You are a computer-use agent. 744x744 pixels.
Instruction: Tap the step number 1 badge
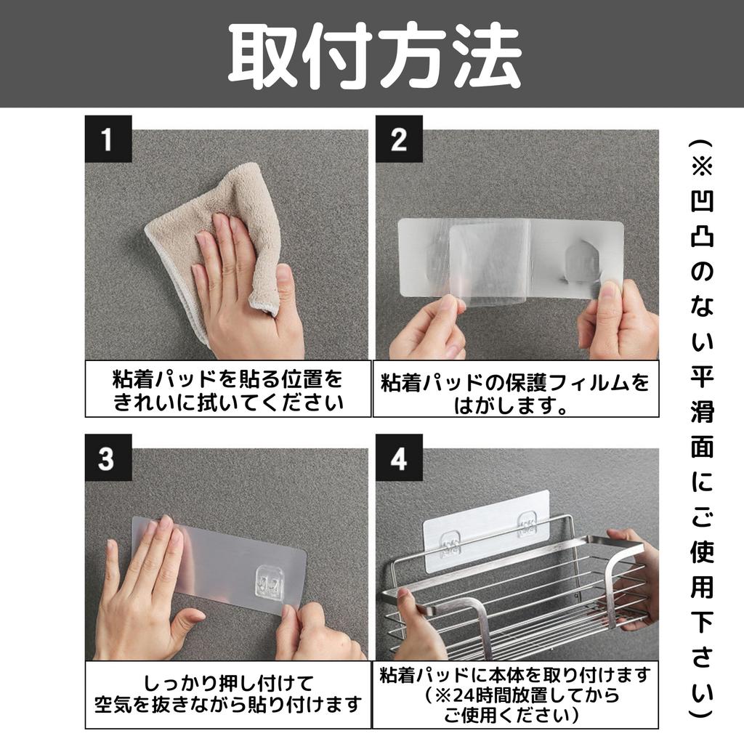[108, 139]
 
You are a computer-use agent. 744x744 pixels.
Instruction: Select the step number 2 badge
[399, 139]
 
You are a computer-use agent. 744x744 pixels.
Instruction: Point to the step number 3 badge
[108, 458]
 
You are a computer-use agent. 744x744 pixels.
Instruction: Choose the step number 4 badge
[399, 458]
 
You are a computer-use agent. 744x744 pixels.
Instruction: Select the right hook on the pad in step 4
[527, 525]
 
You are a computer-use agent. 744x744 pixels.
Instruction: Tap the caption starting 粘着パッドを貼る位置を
[227, 390]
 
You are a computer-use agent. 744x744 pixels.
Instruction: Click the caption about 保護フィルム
[515, 393]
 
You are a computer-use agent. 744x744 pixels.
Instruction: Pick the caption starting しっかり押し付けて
[227, 694]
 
